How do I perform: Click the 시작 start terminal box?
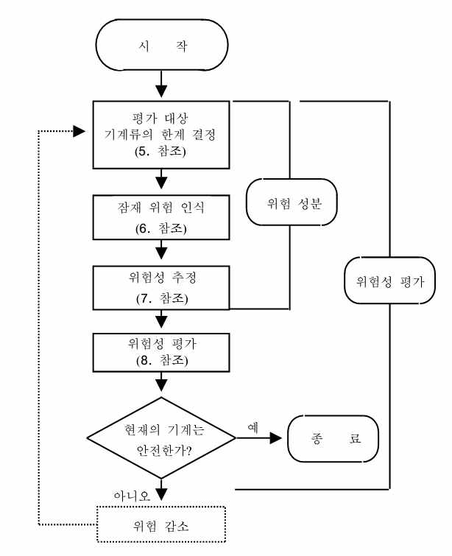[161, 46]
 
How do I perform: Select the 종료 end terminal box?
[333, 437]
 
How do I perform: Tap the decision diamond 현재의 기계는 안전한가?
[161, 437]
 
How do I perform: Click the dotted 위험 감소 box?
[161, 526]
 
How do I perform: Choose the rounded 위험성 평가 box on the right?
[389, 281]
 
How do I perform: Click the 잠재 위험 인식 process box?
[161, 217]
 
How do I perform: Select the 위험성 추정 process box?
[161, 288]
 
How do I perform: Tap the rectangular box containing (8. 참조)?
[161, 352]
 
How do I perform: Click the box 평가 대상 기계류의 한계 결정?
[161, 133]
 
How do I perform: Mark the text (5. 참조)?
[161, 153]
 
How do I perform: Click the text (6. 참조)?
[161, 228]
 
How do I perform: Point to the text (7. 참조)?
[161, 299]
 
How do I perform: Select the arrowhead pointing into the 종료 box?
[276, 437]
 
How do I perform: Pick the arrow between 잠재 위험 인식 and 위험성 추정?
[161, 253]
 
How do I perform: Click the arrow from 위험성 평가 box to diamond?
[161, 384]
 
